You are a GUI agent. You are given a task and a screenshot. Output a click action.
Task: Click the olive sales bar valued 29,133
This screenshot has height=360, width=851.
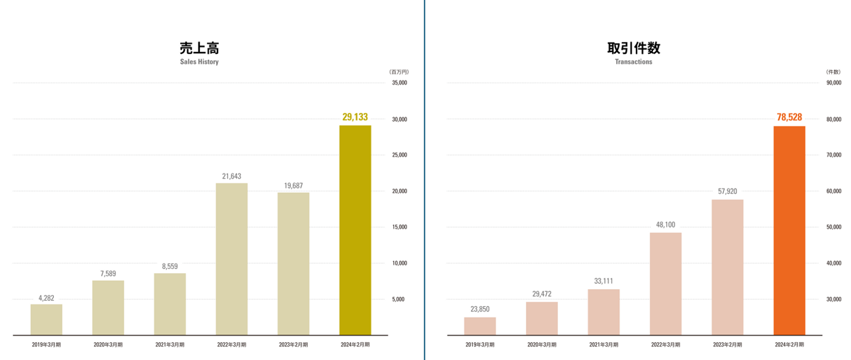pos(355,230)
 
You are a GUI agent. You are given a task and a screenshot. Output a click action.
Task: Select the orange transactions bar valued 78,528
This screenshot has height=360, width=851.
pos(789,231)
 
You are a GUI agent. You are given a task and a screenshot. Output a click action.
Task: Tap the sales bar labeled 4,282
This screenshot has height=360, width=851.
pos(46,320)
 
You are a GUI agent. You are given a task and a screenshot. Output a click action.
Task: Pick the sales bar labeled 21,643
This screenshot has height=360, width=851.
pos(232,259)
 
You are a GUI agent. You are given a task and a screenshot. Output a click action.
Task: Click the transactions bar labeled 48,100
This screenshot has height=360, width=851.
pos(665,284)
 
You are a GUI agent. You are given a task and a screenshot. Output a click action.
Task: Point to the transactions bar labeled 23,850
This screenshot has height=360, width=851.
pos(480,326)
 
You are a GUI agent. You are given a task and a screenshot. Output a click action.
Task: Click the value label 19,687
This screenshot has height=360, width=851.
pos(293,186)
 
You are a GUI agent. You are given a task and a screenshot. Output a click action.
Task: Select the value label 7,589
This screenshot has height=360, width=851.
pos(108,273)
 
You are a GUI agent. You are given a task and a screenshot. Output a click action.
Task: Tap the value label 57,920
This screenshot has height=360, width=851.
pos(727,192)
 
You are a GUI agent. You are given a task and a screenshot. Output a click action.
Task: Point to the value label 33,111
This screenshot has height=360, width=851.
pos(603,281)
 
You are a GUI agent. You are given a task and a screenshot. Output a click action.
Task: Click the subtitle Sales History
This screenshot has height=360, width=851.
pos(199,61)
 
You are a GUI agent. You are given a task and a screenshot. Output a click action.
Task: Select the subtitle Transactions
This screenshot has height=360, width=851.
pos(634,61)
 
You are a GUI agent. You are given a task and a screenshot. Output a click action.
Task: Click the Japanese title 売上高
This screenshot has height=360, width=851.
pos(199,48)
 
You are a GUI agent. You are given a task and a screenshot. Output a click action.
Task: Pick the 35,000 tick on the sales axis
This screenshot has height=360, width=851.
pos(399,83)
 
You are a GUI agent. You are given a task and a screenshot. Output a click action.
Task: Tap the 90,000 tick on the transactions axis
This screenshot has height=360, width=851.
pos(833,83)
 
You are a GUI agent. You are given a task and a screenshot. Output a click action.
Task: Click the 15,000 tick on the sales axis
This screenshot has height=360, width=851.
pos(399,227)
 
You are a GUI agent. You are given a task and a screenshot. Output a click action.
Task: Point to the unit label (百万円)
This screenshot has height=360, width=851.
pos(399,72)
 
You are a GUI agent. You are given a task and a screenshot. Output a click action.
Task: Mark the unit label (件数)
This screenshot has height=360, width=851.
pos(833,72)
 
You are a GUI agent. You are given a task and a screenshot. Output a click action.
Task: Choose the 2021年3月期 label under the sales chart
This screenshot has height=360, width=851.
pos(170,345)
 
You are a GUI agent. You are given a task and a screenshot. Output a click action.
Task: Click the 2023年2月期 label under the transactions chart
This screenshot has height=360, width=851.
pos(727,345)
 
